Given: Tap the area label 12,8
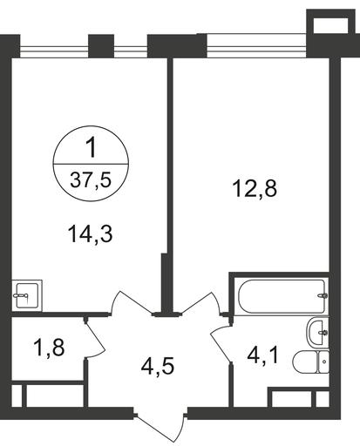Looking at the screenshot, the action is (x=255, y=190).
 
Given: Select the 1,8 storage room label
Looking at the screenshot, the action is (x=49, y=348).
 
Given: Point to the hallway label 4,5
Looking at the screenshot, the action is (x=158, y=366).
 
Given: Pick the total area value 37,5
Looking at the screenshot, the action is (x=91, y=180).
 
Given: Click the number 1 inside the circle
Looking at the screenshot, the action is (x=92, y=148).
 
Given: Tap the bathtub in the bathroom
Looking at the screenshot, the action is (x=282, y=296).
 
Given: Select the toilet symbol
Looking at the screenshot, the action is (x=310, y=362).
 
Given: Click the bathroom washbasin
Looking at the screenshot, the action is (x=317, y=332).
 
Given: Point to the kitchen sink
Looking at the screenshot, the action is (x=27, y=295).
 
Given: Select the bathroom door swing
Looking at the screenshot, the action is (x=221, y=342).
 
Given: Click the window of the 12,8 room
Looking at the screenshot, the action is (x=256, y=46).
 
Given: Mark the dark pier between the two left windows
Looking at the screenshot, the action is (x=101, y=46).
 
